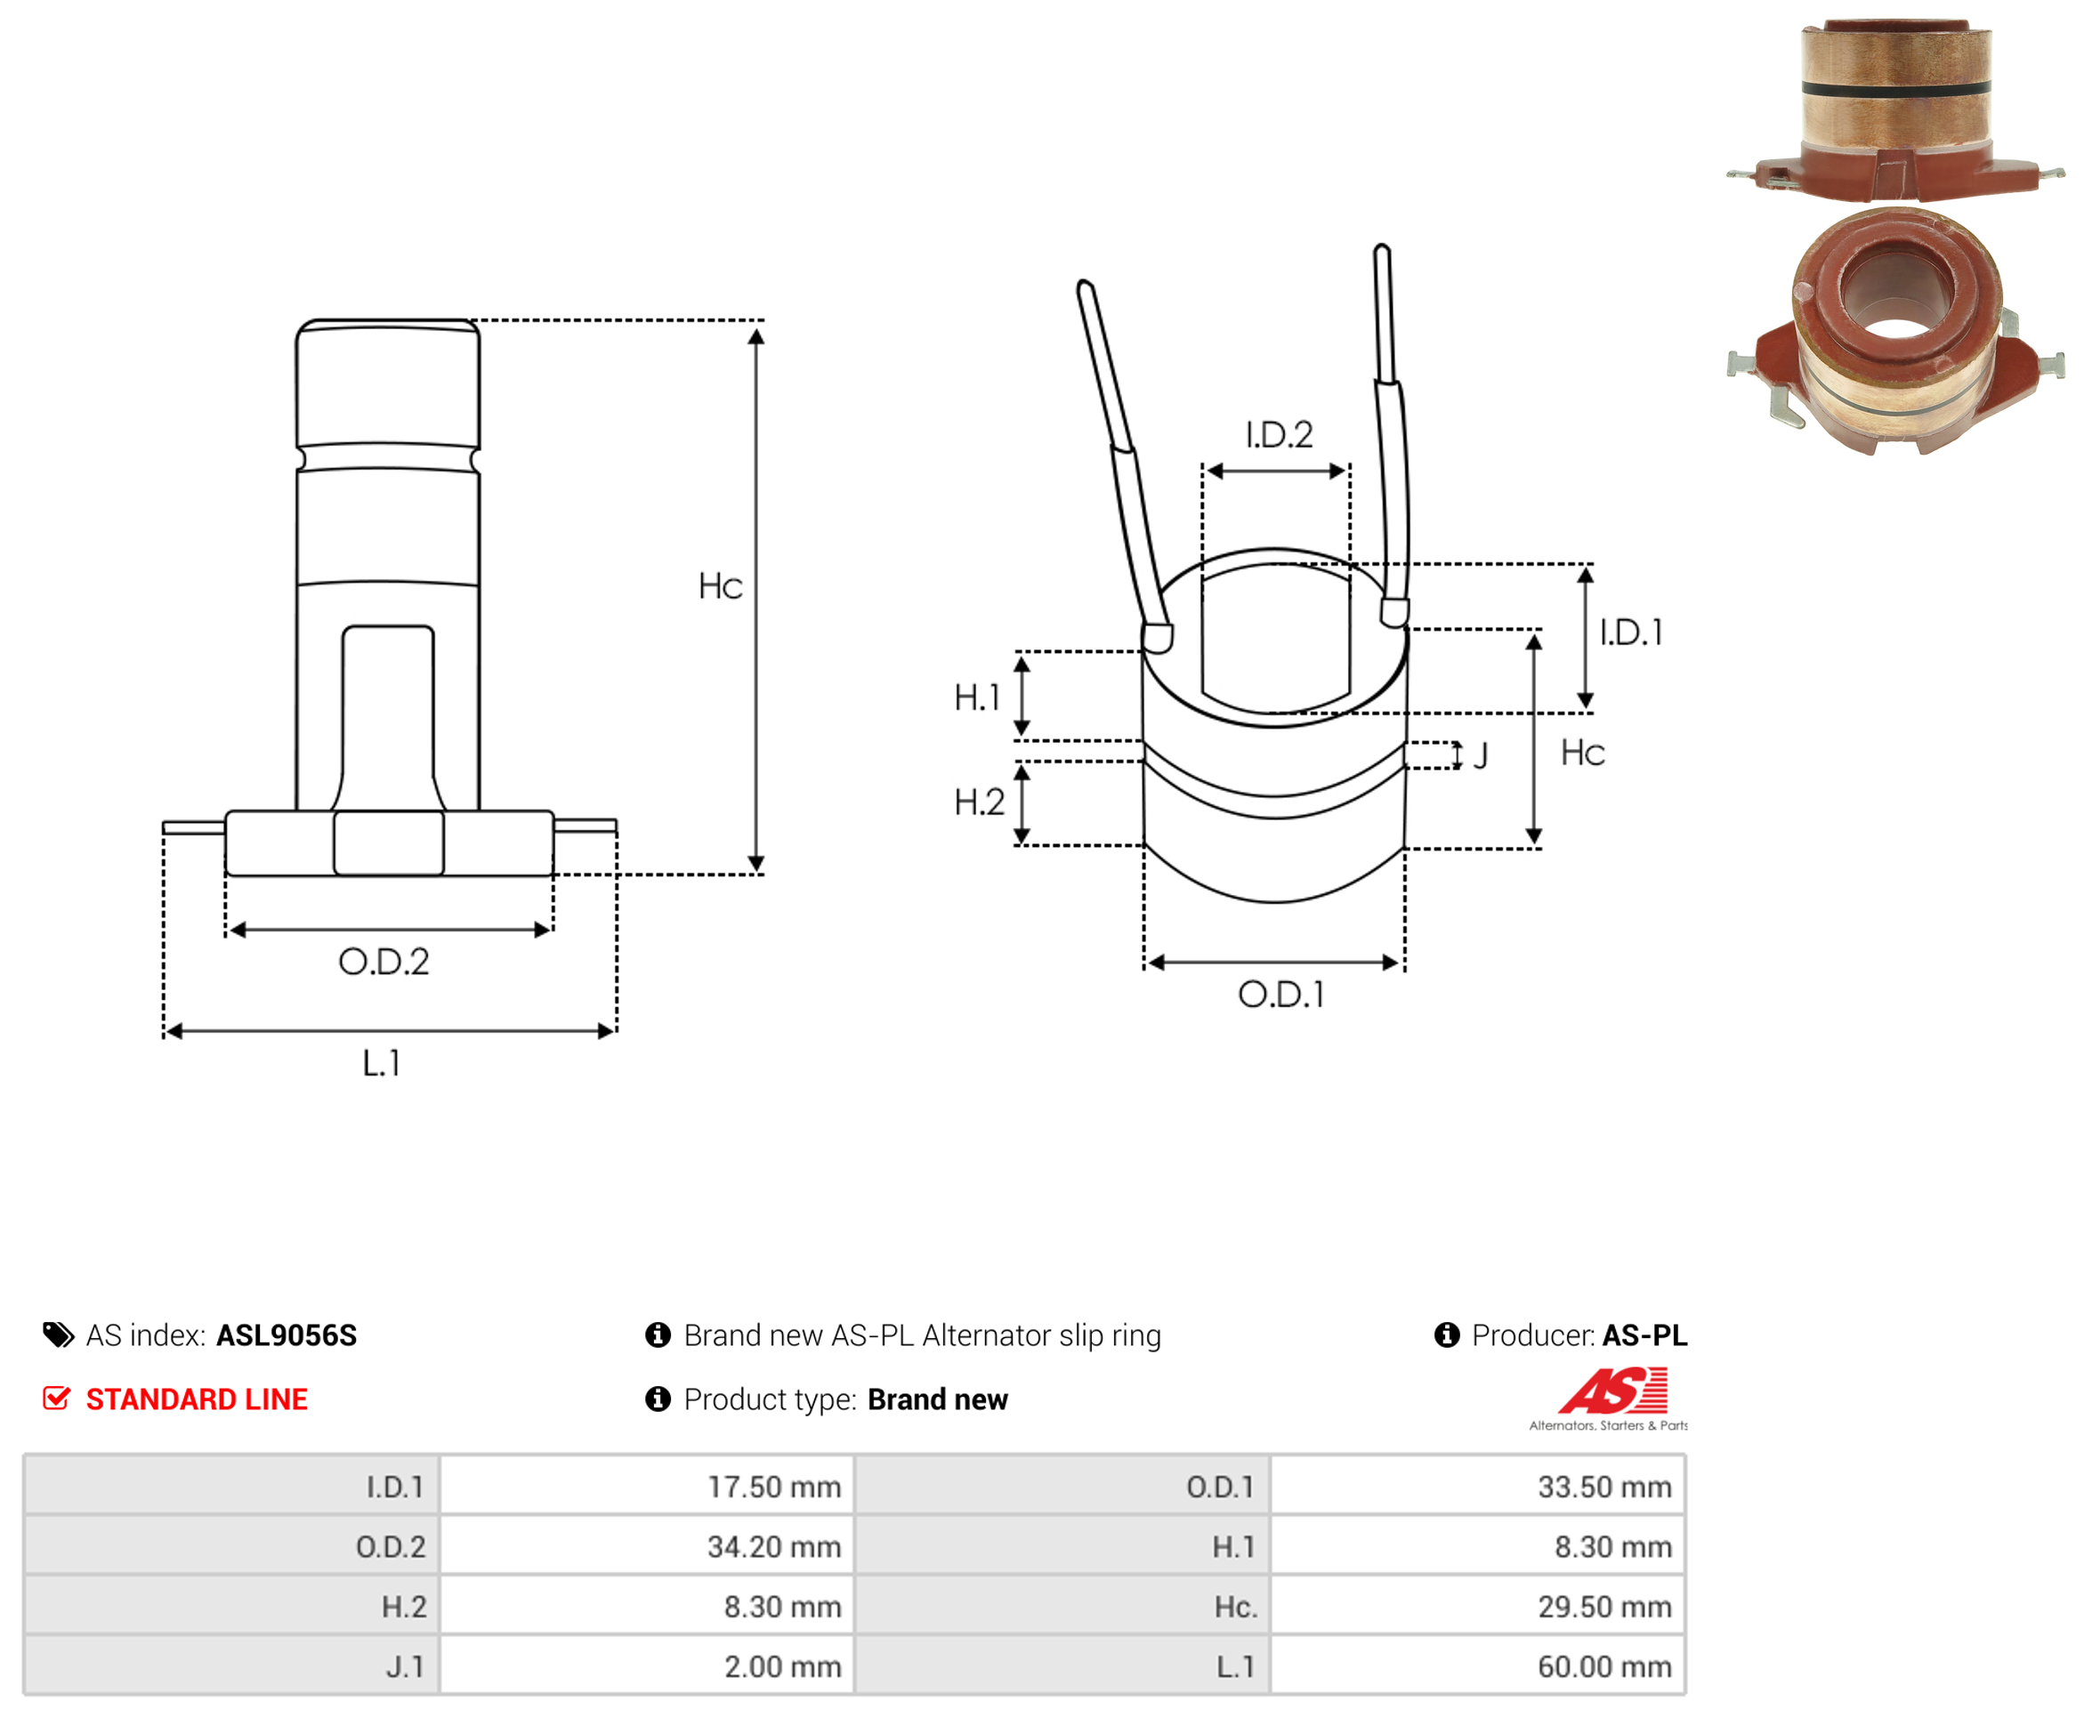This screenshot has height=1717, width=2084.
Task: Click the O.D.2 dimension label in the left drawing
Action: point(384,962)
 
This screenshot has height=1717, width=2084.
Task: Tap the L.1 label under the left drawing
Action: point(382,1063)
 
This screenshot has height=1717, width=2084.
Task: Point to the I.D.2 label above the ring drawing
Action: point(1279,434)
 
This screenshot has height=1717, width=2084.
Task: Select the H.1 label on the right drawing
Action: point(977,697)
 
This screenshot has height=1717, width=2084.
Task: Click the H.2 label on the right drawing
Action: point(979,802)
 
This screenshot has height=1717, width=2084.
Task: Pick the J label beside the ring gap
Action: point(1481,756)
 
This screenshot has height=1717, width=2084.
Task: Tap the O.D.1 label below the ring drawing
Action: point(1280,994)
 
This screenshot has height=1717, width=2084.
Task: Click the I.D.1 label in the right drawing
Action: point(1631,632)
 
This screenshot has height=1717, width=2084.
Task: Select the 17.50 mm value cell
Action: point(773,1487)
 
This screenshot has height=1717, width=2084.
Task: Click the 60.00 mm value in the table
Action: point(1604,1666)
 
